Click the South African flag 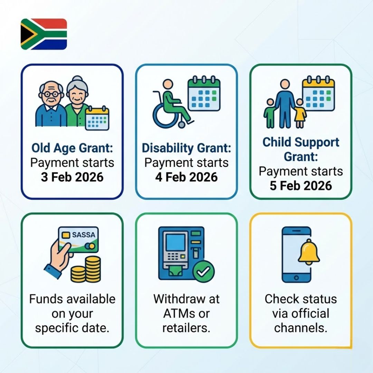44,34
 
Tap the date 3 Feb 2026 72,177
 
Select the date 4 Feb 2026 186,177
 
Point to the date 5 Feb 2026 301,186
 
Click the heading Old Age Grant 72,148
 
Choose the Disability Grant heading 186,148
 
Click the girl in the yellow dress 300,112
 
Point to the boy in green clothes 270,112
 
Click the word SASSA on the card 83,235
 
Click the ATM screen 175,242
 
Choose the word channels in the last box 300,328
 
